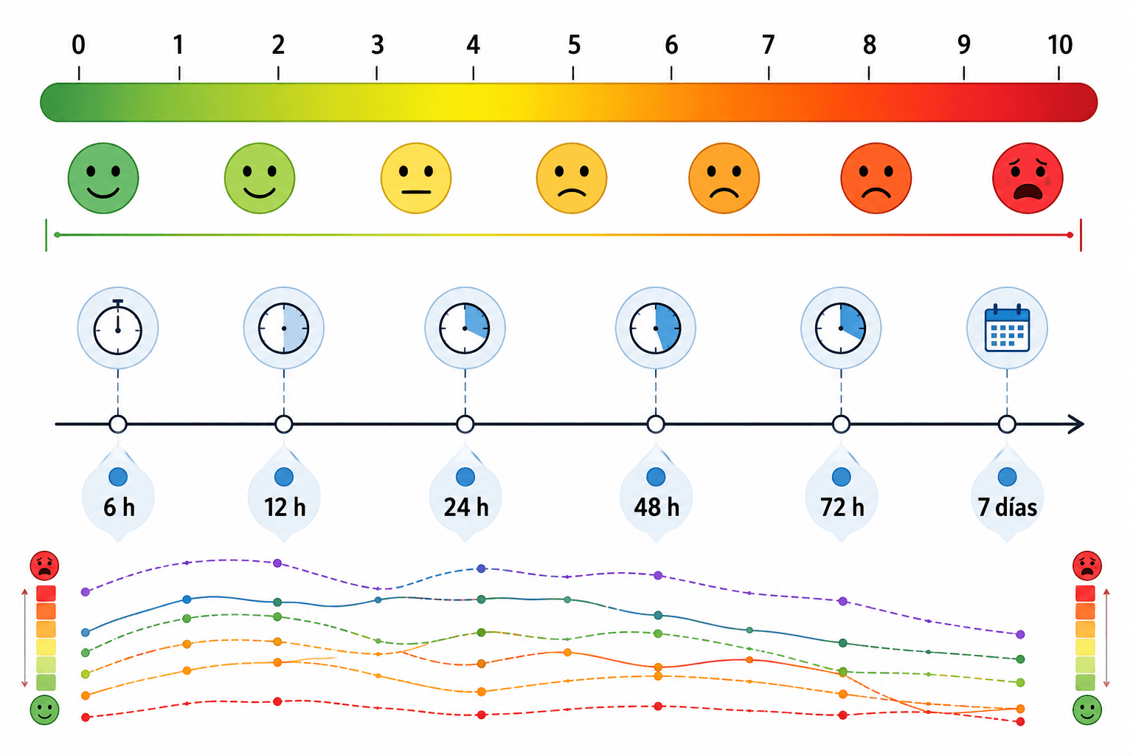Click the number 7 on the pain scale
[x=769, y=45]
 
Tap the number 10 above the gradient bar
[x=1060, y=45]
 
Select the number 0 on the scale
[x=78, y=45]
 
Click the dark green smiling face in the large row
[x=103, y=178]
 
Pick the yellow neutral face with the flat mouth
[x=416, y=178]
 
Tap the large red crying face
[x=1028, y=178]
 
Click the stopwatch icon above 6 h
[x=118, y=328]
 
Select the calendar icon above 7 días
[x=1007, y=328]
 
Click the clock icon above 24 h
[x=465, y=328]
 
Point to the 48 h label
[x=656, y=507]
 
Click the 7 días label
[x=1007, y=507]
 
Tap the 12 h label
[x=285, y=507]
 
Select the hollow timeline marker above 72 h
[x=841, y=425]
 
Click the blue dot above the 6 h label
[x=118, y=477]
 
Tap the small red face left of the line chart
[x=44, y=566]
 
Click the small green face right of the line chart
[x=1087, y=710]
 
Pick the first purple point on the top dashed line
[x=86, y=592]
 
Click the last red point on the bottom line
[x=1020, y=721]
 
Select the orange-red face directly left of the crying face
[x=876, y=178]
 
